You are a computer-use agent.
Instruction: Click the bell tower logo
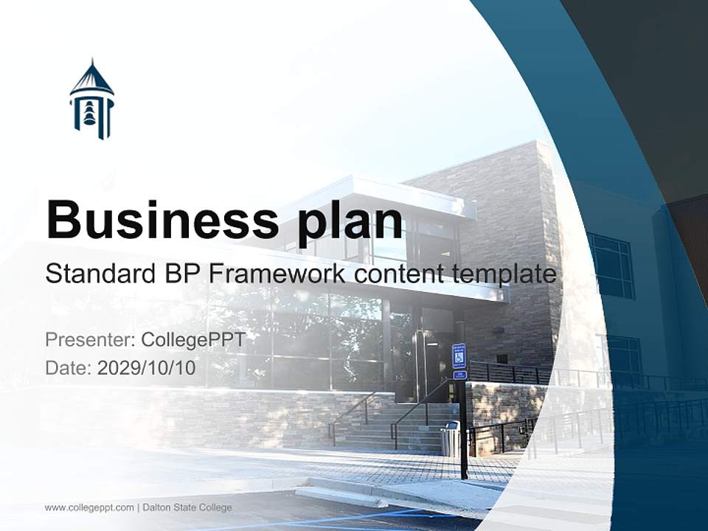[91, 100]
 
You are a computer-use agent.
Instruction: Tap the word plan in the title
[347, 219]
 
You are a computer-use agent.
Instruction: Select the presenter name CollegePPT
[192, 340]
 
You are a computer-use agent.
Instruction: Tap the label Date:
[69, 368]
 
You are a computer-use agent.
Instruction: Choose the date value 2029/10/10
[147, 368]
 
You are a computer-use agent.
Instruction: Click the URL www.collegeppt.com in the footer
[89, 507]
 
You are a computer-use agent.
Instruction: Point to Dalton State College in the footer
[187, 507]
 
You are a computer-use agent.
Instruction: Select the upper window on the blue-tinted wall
[611, 265]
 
